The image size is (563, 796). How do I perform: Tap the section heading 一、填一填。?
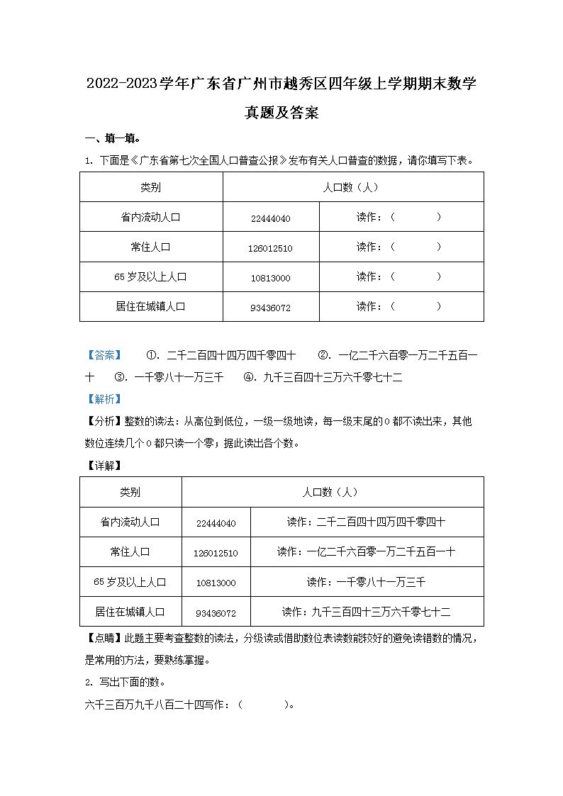point(113,138)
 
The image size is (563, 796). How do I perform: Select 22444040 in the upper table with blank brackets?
point(271,218)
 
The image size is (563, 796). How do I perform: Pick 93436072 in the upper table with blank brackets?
point(271,308)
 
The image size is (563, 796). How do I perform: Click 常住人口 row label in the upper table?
point(150,247)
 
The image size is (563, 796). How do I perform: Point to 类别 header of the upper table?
point(150,187)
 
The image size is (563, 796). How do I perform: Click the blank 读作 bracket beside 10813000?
point(416,277)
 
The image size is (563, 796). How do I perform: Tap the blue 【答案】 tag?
point(104,356)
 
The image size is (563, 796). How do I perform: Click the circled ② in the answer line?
point(323,356)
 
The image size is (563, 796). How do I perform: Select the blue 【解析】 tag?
point(104,399)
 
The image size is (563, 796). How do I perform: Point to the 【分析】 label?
point(104,422)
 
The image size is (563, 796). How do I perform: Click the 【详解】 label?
point(104,466)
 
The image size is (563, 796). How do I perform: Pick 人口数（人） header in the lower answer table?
point(332,492)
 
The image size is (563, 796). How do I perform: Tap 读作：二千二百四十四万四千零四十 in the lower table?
point(367,522)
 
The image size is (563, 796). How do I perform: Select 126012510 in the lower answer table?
point(216,553)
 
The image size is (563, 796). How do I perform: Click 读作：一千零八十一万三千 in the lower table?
point(367,582)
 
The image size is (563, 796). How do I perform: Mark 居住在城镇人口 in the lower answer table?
point(130,612)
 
